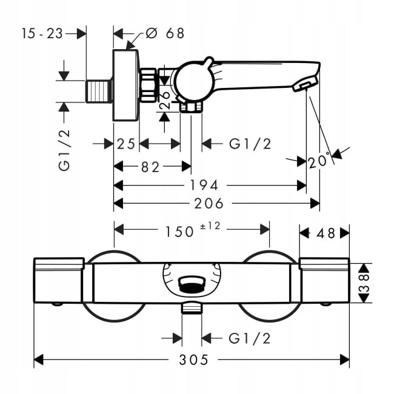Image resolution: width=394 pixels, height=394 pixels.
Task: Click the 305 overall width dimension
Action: (193, 360)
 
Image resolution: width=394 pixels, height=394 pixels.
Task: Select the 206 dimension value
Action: (210, 203)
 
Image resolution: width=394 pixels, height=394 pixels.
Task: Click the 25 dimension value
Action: (126, 144)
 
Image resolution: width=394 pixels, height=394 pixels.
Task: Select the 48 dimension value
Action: (326, 233)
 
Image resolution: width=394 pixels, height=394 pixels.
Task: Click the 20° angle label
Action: (318, 162)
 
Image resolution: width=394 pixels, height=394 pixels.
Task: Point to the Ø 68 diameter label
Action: (165, 33)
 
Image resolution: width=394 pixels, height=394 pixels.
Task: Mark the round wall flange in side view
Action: (126, 85)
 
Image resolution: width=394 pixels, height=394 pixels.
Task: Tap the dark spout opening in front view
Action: (193, 282)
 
